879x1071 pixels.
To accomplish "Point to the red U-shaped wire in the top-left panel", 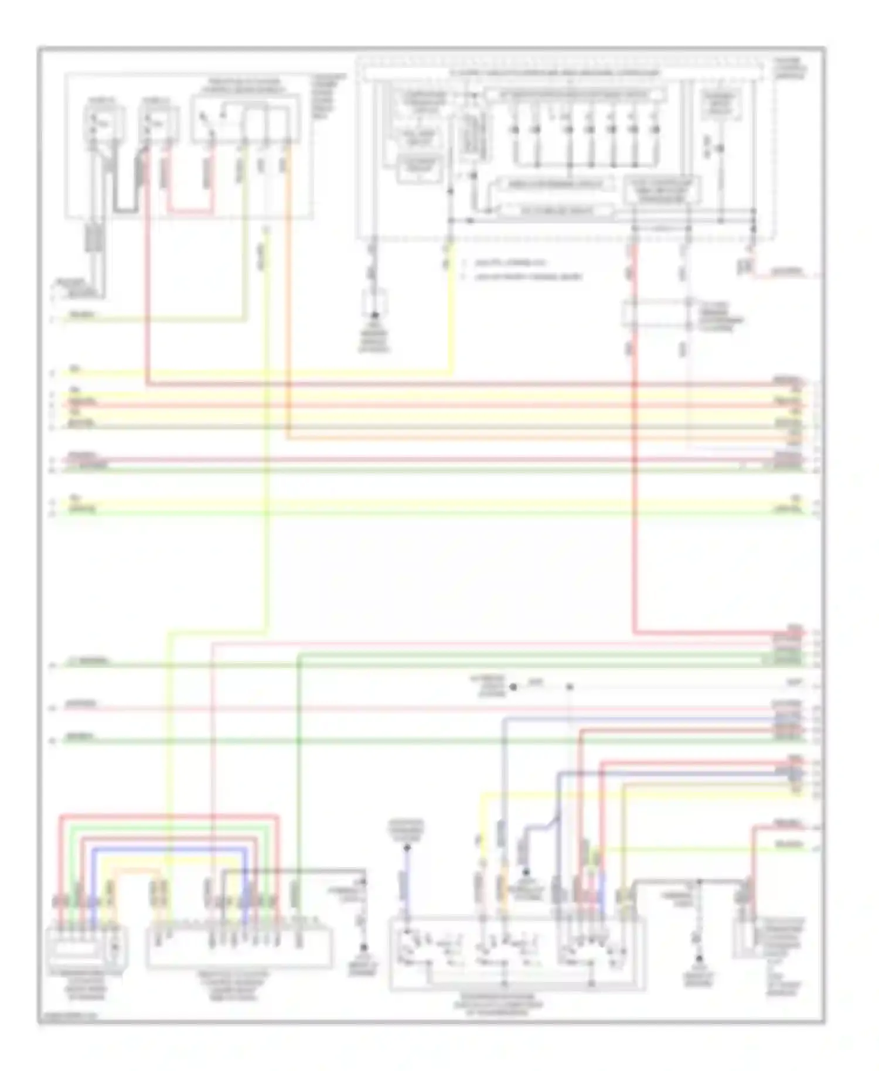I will click(x=189, y=210).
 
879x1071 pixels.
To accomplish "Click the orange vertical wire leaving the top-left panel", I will click(x=288, y=293).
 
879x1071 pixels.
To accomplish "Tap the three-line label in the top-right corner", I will click(x=792, y=69).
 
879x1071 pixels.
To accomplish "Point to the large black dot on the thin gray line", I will click(x=513, y=687).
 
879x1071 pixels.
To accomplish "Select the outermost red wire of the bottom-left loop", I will click(x=170, y=816).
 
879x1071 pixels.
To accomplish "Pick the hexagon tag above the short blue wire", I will click(x=406, y=830).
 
